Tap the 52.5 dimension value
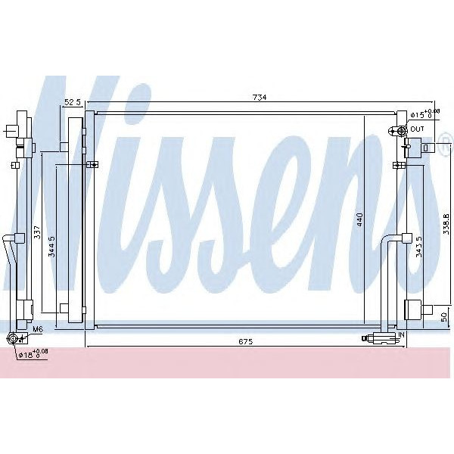(73, 101)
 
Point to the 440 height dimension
(362, 219)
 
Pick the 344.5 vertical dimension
(51, 247)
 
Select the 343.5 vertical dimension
(418, 247)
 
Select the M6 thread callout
(37, 330)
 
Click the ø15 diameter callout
(420, 115)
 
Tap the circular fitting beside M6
(13, 337)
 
